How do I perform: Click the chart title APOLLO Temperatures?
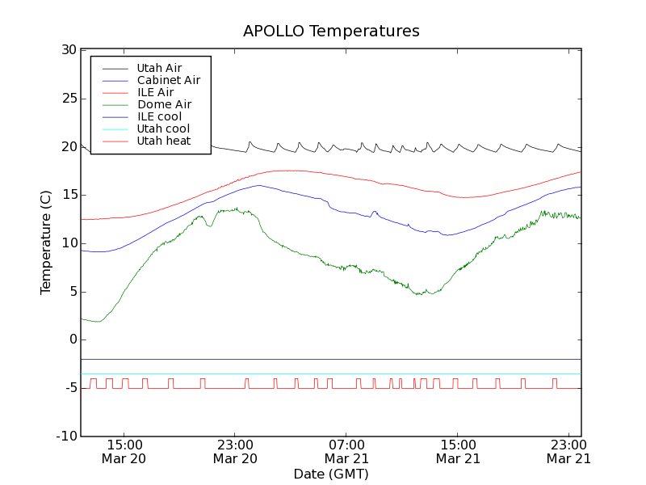pyautogui.click(x=331, y=32)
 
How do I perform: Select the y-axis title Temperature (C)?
pyautogui.click(x=46, y=242)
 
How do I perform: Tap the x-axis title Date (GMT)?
pyautogui.click(x=331, y=474)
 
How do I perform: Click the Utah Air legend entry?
pyautogui.click(x=159, y=68)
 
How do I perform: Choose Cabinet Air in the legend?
pyautogui.click(x=168, y=80)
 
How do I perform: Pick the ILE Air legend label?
pyautogui.click(x=155, y=92)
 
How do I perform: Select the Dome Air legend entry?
pyautogui.click(x=164, y=104)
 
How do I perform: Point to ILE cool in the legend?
pyautogui.click(x=159, y=116)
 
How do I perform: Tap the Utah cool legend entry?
pyautogui.click(x=163, y=129)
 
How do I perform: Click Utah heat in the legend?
pyautogui.click(x=163, y=141)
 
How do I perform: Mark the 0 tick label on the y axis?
pyautogui.click(x=72, y=339)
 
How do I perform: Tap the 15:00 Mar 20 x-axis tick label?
pyautogui.click(x=124, y=451)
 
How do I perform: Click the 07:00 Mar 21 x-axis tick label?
pyautogui.click(x=346, y=451)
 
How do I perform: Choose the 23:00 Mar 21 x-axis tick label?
pyautogui.click(x=568, y=451)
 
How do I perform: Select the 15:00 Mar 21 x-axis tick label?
pyautogui.click(x=457, y=451)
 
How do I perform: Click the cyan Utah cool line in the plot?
pyautogui.click(x=323, y=373)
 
